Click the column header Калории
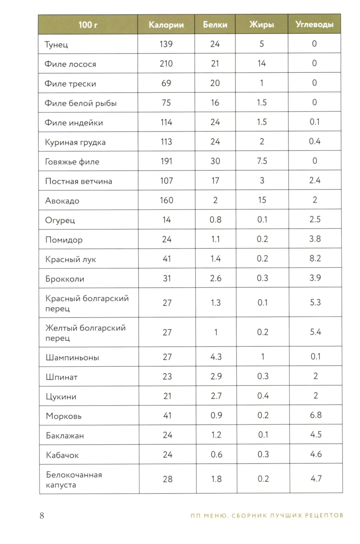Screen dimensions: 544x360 166,25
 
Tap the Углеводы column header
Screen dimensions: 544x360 314,24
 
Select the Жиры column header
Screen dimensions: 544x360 262,24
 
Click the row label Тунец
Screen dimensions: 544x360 56,45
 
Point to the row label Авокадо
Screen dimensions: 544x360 62,201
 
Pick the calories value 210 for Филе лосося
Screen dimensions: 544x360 166,64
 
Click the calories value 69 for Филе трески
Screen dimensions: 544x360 166,83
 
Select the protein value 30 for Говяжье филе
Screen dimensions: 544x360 215,161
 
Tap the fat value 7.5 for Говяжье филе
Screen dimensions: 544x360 262,161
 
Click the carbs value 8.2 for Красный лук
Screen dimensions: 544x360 315,258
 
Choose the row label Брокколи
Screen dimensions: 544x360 65,279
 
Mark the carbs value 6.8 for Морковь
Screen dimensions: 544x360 316,415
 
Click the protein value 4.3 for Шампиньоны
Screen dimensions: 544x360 216,357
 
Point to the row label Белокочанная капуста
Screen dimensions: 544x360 74,480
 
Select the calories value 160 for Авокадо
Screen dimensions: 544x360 167,200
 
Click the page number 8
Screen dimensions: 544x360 42,516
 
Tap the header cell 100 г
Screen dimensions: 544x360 88,25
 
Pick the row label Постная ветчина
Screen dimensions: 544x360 78,181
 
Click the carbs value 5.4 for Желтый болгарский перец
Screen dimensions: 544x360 315,332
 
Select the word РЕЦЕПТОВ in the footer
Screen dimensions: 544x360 324,516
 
